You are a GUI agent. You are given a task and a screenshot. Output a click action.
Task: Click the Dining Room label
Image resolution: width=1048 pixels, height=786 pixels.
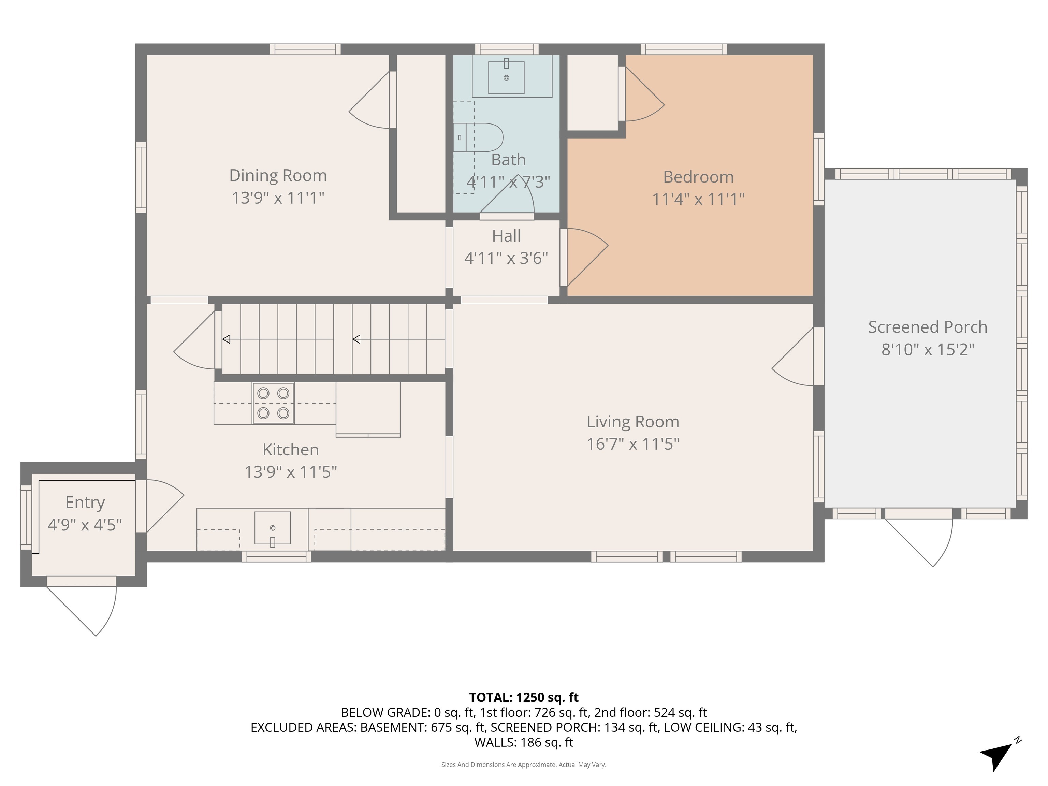pos(278,176)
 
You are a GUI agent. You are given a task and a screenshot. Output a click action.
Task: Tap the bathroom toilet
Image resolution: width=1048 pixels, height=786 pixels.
pos(478,137)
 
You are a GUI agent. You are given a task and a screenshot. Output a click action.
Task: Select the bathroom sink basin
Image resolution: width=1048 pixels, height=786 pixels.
pos(507,77)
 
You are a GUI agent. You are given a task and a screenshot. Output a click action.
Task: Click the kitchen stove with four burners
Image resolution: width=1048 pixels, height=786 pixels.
pos(273,403)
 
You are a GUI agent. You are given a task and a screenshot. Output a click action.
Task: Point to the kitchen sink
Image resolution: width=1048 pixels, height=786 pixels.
pos(273,528)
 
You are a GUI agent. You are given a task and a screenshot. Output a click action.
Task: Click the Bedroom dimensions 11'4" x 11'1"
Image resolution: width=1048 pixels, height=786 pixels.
pos(698,199)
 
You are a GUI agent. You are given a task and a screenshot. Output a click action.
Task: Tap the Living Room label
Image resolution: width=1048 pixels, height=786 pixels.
pos(633,422)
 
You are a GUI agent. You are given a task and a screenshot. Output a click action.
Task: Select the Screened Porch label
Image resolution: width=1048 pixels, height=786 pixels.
pos(928,327)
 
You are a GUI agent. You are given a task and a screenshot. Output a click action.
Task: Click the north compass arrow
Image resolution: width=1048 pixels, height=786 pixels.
pos(996,755)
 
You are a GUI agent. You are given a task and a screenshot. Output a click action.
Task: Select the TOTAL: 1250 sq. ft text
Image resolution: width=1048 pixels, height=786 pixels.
pos(524,697)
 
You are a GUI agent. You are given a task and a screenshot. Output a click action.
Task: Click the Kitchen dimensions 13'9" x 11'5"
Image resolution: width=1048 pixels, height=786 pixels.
pos(290,472)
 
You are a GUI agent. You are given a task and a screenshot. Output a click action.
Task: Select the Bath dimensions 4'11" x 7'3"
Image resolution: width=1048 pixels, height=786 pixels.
pos(508,182)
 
